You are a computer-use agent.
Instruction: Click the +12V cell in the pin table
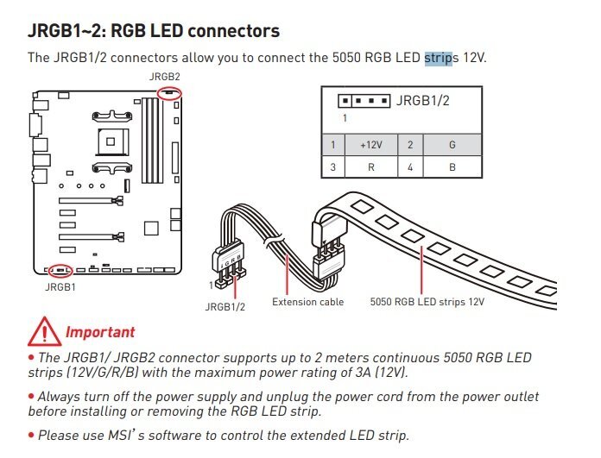pos(371,145)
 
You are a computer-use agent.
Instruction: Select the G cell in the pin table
pos(452,145)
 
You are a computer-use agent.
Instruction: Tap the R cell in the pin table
pos(371,167)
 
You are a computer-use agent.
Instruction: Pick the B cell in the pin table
pos(452,167)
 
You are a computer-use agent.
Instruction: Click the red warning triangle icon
pos(44,331)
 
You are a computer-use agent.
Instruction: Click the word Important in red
pos(100,332)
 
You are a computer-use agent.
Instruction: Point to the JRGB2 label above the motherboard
pos(164,77)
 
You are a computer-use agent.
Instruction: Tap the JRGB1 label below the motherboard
pos(60,287)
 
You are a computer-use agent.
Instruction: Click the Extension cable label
pos(307,302)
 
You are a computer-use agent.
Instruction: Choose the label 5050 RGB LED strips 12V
pos(427,302)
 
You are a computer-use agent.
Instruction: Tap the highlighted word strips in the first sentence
pos(439,58)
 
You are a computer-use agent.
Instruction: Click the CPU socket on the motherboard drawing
pos(111,141)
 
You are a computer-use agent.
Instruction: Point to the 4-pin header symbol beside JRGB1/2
pos(364,101)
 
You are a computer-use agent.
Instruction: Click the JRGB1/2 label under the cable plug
pos(225,307)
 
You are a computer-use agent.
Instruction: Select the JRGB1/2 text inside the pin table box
pos(422,101)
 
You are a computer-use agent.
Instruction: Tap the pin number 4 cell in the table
pos(410,167)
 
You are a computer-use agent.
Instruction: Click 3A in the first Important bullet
pos(363,373)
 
